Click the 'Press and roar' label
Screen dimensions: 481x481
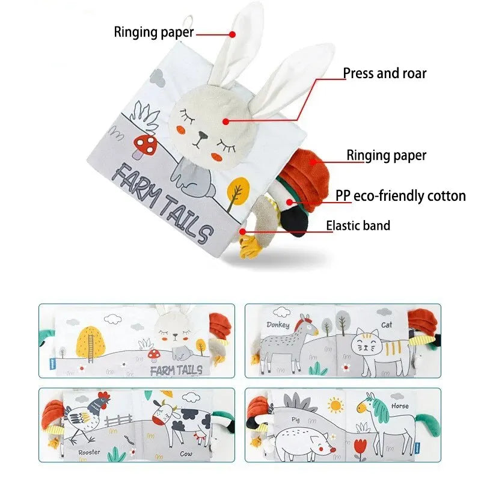tap(384, 74)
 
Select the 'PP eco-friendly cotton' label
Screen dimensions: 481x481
tap(400, 196)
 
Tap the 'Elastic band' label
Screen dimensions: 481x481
tap(358, 226)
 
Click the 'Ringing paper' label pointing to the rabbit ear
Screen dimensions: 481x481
tap(154, 32)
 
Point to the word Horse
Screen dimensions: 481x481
tap(399, 406)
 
